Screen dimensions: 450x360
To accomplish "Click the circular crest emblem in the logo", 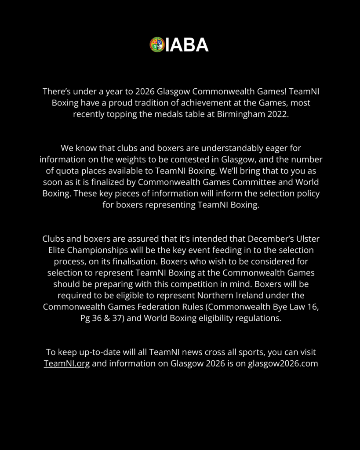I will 157,44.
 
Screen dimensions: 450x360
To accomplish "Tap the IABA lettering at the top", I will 187,45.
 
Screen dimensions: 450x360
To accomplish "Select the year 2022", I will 277,114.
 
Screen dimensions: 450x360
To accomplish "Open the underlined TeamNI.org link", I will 67,364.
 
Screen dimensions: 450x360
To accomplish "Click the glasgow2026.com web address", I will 283,364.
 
